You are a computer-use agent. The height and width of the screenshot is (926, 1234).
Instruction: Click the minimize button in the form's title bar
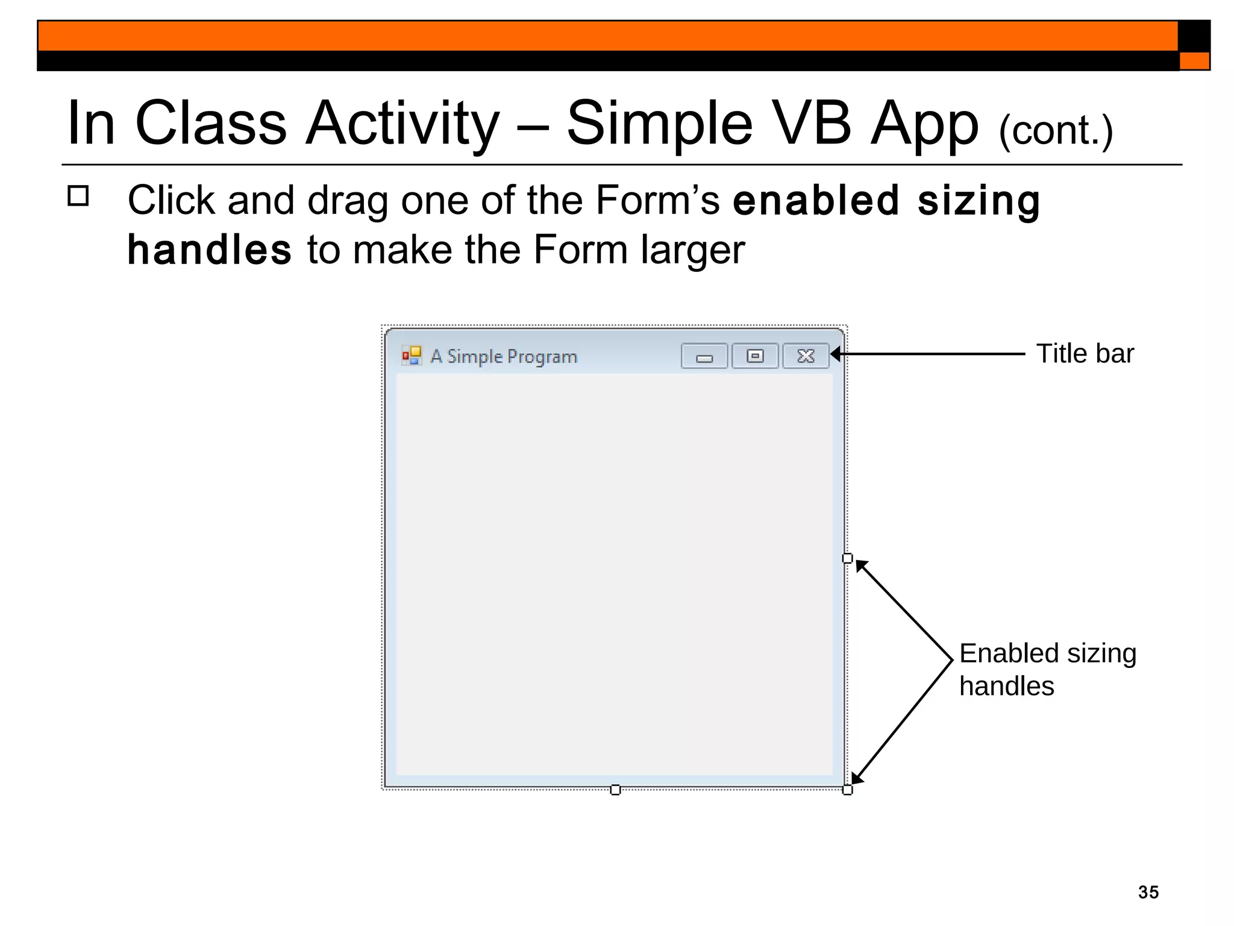click(704, 356)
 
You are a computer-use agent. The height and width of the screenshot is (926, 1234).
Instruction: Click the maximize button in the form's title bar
click(755, 356)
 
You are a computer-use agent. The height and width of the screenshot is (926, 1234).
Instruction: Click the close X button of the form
click(806, 356)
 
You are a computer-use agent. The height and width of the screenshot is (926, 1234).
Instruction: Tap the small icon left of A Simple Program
click(412, 356)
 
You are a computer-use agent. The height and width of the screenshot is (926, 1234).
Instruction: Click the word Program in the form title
click(542, 357)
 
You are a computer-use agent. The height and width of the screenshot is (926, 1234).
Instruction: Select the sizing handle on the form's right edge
click(847, 558)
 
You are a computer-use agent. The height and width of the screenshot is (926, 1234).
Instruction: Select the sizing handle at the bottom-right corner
click(847, 790)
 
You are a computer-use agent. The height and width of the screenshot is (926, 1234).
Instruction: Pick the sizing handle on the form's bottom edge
click(615, 790)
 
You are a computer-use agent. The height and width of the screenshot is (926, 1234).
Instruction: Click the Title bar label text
click(1085, 354)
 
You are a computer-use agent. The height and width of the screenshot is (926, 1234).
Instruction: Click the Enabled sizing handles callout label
click(1047, 669)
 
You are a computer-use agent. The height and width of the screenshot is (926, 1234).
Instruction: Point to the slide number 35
click(1148, 892)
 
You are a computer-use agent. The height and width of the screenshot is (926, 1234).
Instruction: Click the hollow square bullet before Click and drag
click(78, 196)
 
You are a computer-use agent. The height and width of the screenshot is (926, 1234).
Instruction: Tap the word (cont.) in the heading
click(1056, 131)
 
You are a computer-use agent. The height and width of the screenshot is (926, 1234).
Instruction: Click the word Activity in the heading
click(402, 124)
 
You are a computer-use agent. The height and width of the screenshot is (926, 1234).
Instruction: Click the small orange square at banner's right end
click(1194, 61)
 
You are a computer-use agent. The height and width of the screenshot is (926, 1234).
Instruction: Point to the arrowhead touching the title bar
click(836, 354)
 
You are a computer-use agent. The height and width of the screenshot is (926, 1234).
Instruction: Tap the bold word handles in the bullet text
click(210, 250)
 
